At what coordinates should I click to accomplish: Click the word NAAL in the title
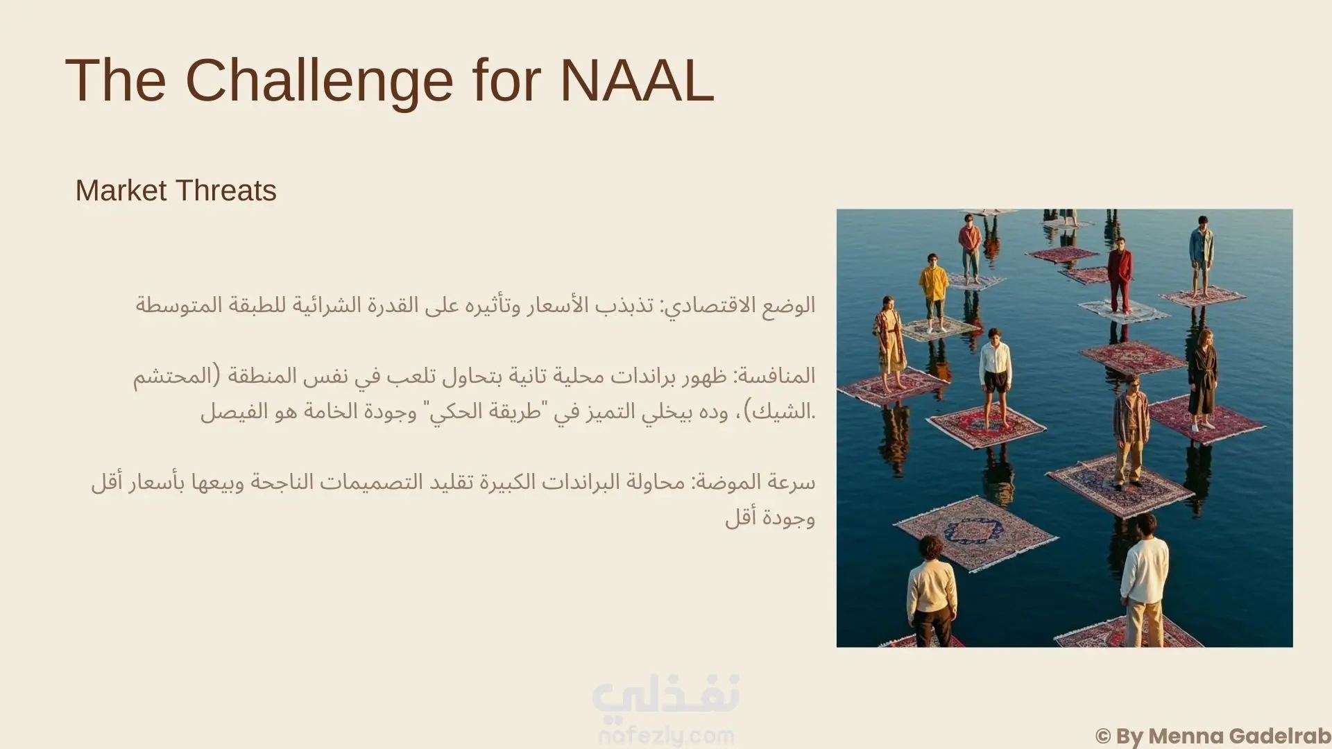(x=637, y=80)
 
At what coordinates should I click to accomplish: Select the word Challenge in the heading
(x=319, y=82)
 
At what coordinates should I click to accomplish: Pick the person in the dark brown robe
(x=1202, y=379)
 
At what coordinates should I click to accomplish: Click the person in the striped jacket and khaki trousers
(x=1131, y=431)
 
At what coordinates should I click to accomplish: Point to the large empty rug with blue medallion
(x=976, y=532)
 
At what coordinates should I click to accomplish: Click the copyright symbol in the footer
(x=1103, y=736)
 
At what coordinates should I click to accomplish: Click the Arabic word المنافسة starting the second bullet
(x=774, y=376)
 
